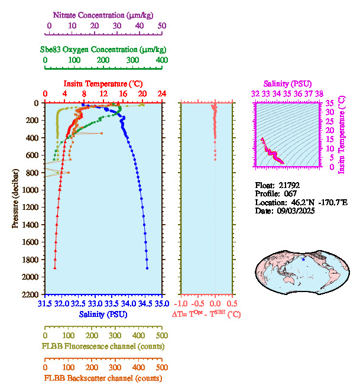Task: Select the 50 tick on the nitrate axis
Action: coord(162,26)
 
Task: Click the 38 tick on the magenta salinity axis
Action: coord(319,93)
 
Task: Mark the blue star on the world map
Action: coord(303,260)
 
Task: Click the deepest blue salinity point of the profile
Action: coord(147,268)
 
